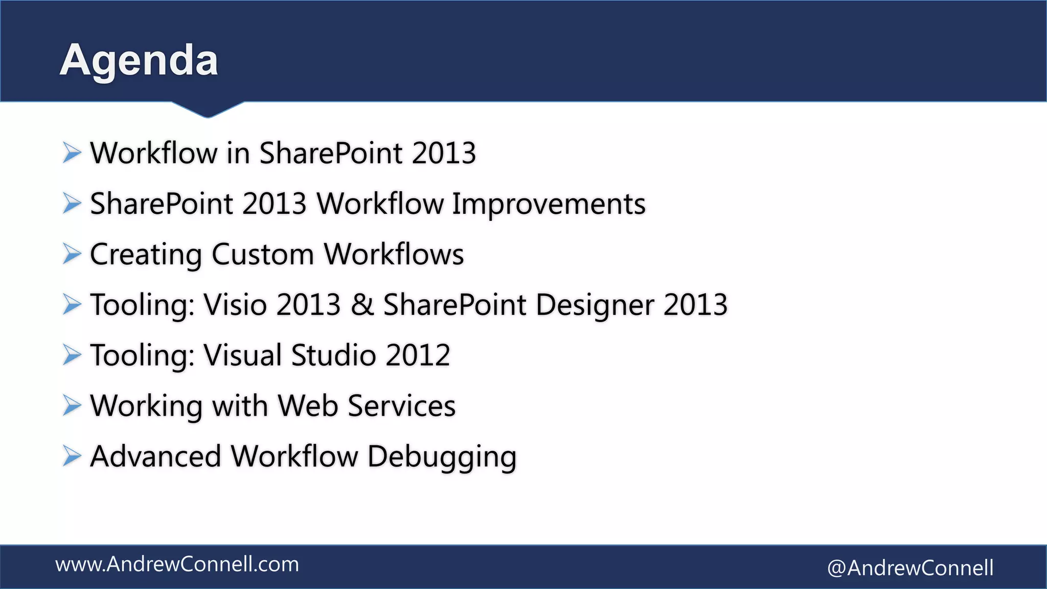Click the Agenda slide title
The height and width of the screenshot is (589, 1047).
point(139,60)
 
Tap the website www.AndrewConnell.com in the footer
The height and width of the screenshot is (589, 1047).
point(177,564)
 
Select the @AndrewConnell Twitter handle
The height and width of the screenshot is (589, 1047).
point(910,568)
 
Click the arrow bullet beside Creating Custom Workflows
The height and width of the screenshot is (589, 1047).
point(72,254)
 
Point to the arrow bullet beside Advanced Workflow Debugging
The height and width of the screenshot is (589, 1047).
point(72,456)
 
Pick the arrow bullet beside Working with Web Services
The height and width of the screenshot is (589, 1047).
point(72,405)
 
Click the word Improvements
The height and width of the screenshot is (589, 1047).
point(549,204)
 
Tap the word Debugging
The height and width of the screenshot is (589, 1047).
point(442,457)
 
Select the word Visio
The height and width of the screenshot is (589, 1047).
point(235,305)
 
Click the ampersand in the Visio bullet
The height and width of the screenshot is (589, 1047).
point(362,305)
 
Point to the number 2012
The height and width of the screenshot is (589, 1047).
point(418,355)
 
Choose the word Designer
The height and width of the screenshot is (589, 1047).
point(595,305)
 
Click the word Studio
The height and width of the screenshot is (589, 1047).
point(333,355)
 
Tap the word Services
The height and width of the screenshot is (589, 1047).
point(401,405)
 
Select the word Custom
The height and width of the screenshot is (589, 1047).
point(262,254)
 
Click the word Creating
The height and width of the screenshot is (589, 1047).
point(146,255)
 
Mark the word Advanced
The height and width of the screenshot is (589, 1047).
point(155,456)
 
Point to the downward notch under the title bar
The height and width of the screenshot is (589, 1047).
point(208,109)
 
